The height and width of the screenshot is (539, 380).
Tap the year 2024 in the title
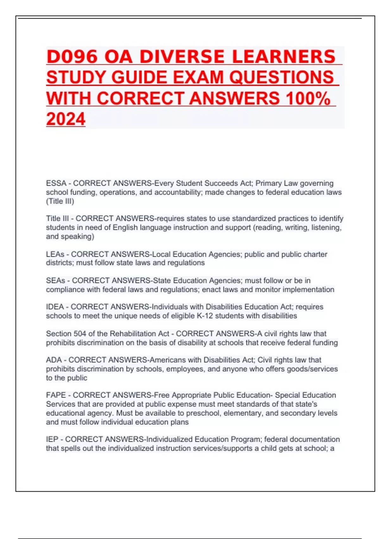click(66, 119)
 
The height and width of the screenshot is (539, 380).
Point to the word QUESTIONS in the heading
click(282, 78)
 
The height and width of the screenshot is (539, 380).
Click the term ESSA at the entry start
click(56, 183)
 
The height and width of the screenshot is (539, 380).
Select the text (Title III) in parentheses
click(60, 201)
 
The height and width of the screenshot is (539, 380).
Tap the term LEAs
click(55, 254)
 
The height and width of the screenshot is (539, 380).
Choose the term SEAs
click(55, 281)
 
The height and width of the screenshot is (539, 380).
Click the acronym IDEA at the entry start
click(55, 307)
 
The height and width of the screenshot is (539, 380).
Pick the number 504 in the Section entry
click(80, 334)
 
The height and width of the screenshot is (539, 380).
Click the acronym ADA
click(54, 360)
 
